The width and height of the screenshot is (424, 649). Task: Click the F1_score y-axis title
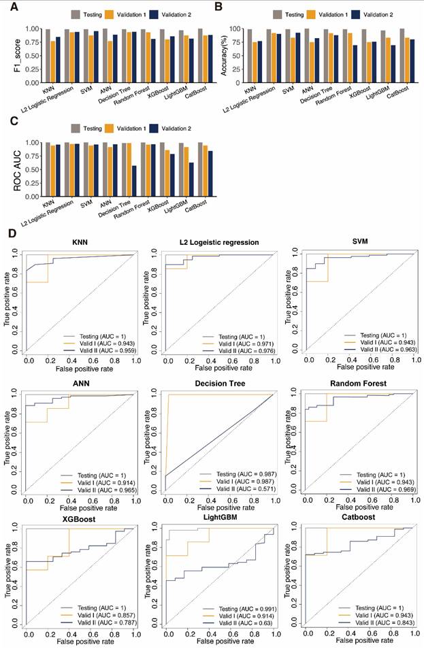[8, 55]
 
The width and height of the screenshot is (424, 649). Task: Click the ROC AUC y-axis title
[9, 169]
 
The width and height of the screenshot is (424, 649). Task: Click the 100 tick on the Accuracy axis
[236, 29]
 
